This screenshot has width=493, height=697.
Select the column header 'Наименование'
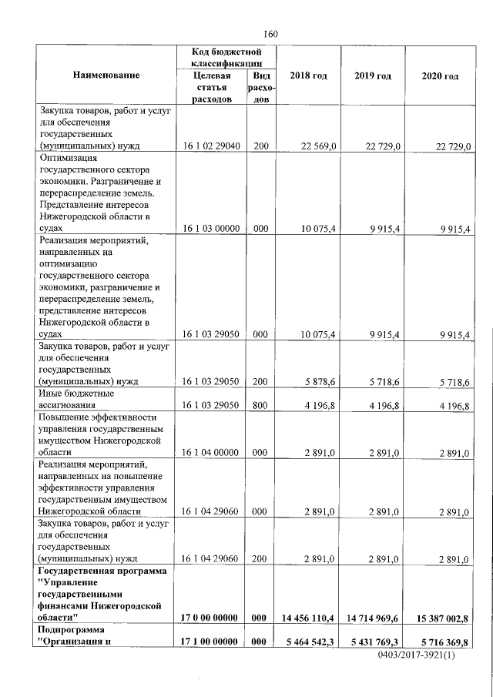click(106, 75)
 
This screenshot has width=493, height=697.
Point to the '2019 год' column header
click(373, 75)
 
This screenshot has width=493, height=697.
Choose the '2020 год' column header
click(441, 76)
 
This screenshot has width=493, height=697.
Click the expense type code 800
click(260, 404)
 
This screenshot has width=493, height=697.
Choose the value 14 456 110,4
click(307, 618)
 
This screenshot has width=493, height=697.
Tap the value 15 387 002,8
click(441, 618)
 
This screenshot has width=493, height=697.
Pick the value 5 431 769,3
click(373, 642)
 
